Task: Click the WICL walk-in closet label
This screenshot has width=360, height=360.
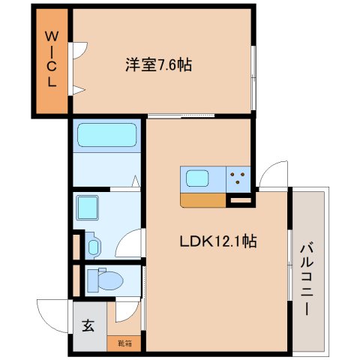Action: click(52, 59)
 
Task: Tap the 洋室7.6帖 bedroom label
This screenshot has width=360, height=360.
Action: click(157, 65)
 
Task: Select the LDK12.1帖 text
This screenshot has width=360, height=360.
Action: click(218, 241)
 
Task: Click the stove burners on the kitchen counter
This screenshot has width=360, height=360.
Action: click(240, 178)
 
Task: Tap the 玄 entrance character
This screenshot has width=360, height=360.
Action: click(88, 325)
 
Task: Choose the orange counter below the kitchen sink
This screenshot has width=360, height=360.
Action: click(202, 200)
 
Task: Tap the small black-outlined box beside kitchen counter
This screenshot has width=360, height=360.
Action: click(240, 200)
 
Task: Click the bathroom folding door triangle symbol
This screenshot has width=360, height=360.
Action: click(135, 181)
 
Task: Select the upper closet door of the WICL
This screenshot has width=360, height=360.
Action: click(78, 49)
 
